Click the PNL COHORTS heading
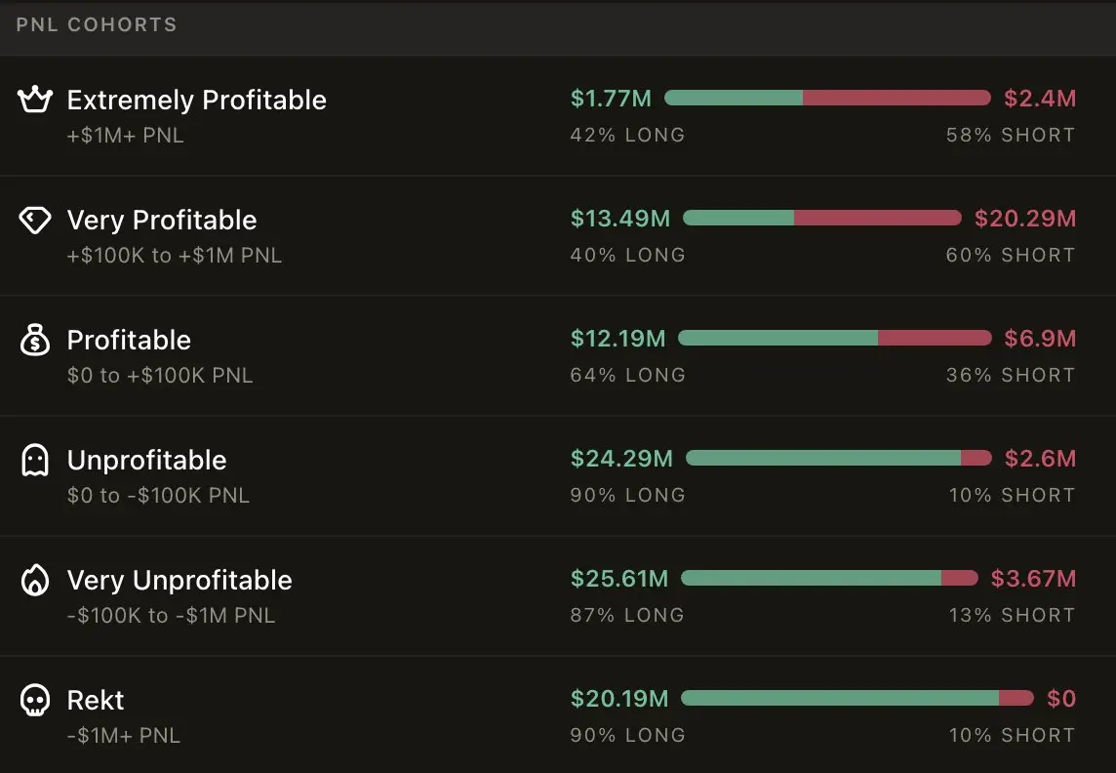click(x=97, y=24)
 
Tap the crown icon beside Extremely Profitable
click(x=35, y=99)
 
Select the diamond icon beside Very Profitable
click(x=35, y=221)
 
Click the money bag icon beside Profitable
click(x=35, y=341)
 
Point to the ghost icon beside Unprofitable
click(x=35, y=460)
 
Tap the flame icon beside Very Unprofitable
click(x=35, y=581)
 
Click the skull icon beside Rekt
click(x=35, y=700)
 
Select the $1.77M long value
click(x=611, y=99)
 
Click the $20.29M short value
click(x=1025, y=219)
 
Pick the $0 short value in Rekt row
click(x=1061, y=699)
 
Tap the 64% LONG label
click(x=627, y=375)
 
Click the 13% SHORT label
click(x=1012, y=615)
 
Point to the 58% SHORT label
click(x=1011, y=135)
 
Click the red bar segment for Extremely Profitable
click(x=897, y=98)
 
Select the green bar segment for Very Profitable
click(x=738, y=218)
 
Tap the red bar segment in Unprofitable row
click(x=976, y=458)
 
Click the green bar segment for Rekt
click(x=840, y=698)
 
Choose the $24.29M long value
click(x=621, y=459)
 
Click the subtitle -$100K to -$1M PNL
click(x=171, y=616)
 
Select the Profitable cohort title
click(x=129, y=340)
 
